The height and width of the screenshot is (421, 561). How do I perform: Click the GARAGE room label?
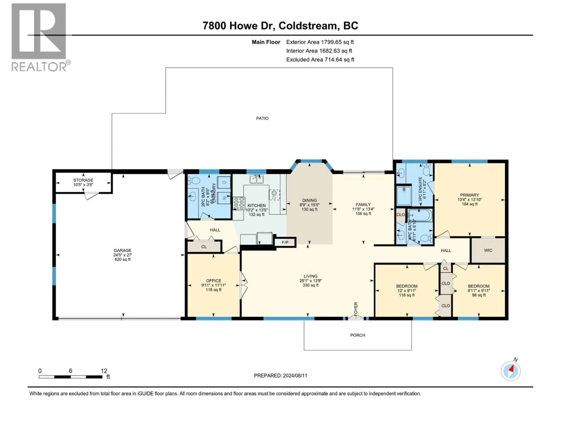pyautogui.click(x=122, y=250)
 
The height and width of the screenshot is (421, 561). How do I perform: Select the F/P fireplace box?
pyautogui.click(x=285, y=242)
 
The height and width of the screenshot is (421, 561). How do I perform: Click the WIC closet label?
pyautogui.click(x=488, y=250)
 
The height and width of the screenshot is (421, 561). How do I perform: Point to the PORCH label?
pyautogui.click(x=358, y=335)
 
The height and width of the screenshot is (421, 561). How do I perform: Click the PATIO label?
pyautogui.click(x=262, y=118)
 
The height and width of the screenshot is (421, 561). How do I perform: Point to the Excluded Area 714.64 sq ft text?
pyautogui.click(x=320, y=60)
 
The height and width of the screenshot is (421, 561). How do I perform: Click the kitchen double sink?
pyautogui.click(x=256, y=179)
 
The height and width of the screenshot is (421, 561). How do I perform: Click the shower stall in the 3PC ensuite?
pyautogui.click(x=404, y=195)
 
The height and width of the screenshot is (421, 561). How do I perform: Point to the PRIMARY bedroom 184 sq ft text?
pyautogui.click(x=469, y=204)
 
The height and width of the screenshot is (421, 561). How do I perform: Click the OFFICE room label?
pyautogui.click(x=214, y=281)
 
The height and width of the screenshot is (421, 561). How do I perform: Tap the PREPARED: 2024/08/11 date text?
pyautogui.click(x=280, y=376)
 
